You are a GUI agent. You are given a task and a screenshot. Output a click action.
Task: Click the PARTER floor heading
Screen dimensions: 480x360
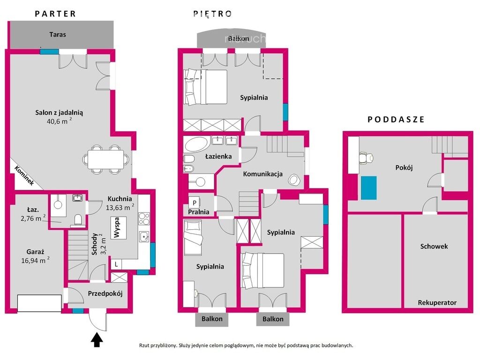coord(55,14)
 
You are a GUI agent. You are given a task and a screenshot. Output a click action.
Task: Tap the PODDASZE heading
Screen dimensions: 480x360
coord(396,120)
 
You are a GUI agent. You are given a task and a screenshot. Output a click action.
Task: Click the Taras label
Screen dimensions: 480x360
coord(58,34)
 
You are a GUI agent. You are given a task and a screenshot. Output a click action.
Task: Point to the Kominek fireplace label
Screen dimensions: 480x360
coord(24,175)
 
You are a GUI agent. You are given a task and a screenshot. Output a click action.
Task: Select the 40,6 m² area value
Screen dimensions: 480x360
coord(59,121)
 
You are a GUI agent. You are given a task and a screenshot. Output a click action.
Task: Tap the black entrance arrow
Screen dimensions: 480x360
coord(97,340)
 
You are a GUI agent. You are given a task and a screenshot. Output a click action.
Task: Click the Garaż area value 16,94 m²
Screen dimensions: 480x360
coord(35,260)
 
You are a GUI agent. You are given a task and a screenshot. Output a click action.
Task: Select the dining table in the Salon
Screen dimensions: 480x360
coord(106,159)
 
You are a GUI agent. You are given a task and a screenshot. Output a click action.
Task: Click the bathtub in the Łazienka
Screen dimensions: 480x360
coord(196,144)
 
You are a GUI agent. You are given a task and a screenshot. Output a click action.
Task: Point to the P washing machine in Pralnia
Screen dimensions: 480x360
coord(195,202)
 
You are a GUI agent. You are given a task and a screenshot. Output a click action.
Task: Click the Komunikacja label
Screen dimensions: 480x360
coord(262,174)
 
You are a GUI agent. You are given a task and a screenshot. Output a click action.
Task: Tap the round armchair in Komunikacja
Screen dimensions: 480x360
coord(294,180)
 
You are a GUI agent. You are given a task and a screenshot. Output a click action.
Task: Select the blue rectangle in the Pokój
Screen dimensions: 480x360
coord(369,188)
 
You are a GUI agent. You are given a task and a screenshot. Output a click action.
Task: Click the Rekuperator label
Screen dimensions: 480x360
coord(437,303)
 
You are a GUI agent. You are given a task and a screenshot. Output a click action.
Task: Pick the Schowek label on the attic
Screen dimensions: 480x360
coord(434,246)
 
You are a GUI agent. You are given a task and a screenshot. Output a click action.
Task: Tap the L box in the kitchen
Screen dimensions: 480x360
coord(116,264)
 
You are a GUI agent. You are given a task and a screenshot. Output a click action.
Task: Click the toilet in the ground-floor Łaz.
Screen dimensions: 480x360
coord(78,220)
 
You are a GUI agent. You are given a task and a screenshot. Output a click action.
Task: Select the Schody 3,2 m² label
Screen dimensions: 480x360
coord(98,244)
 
